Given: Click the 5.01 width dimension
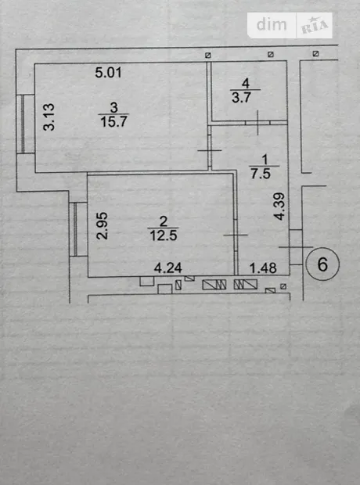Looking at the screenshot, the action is [x=108, y=73].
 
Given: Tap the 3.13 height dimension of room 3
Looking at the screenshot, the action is [x=49, y=117].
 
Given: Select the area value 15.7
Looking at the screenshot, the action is [x=114, y=121].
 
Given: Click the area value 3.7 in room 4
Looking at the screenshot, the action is [x=241, y=98].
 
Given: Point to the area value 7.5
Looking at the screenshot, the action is [x=261, y=174].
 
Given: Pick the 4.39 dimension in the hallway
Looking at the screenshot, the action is [x=279, y=207].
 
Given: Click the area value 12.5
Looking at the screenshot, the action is [x=164, y=235].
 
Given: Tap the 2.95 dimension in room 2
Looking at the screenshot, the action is [x=103, y=226].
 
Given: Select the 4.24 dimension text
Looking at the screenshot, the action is [x=167, y=268].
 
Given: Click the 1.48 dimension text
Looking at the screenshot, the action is [x=263, y=268].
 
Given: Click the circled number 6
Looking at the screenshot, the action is [x=322, y=264].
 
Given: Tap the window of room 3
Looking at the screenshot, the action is [x=23, y=124].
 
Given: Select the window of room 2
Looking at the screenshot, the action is [x=76, y=229].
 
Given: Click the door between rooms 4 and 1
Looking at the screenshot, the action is [x=257, y=123].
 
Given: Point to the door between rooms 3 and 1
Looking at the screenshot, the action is [x=210, y=150].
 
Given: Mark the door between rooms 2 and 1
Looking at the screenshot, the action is [x=236, y=235].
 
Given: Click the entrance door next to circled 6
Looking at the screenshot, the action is [x=296, y=247].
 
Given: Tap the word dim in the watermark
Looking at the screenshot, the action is [x=272, y=25].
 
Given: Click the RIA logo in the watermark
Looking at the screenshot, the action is [x=314, y=27].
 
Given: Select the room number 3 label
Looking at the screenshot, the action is [x=114, y=108].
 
